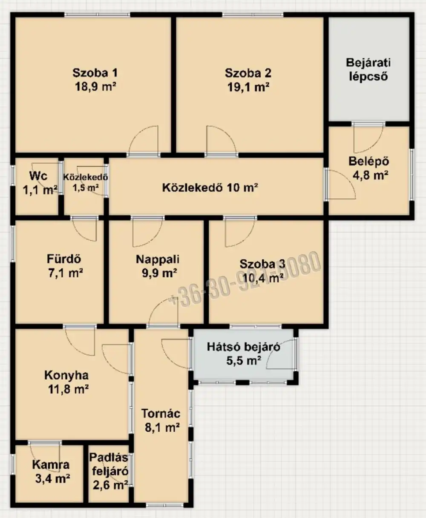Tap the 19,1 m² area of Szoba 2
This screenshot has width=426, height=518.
[x=248, y=88]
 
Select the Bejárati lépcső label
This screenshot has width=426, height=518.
[x=368, y=70]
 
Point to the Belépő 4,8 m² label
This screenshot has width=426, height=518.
[x=368, y=168]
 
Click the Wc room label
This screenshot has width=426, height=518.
[x=38, y=176]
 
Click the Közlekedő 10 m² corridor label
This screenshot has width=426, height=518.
[x=210, y=188]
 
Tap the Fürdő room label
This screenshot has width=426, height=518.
[x=64, y=259]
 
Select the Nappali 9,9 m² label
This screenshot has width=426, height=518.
[x=157, y=266]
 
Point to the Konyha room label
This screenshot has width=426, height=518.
[x=66, y=375]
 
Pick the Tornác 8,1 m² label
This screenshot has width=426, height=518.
[x=161, y=420]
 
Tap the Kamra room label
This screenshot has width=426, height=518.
[x=51, y=465]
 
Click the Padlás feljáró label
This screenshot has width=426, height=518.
[x=109, y=464]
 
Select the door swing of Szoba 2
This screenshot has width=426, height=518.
[x=219, y=140]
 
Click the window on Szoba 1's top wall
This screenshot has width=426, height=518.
[x=97, y=15]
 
